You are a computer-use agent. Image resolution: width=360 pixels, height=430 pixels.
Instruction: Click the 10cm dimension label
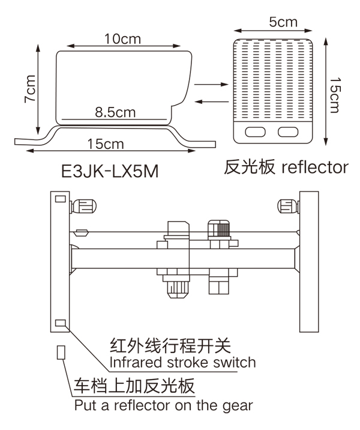pyautogui.click(x=122, y=39)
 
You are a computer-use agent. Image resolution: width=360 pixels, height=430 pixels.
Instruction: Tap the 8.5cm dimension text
pyautogui.click(x=115, y=112)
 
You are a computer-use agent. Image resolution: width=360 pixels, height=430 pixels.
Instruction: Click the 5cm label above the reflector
pyautogui.click(x=283, y=23)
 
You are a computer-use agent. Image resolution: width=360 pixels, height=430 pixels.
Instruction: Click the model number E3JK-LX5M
pyautogui.click(x=110, y=172)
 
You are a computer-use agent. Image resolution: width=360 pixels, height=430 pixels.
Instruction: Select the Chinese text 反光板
pyautogui.click(x=246, y=166)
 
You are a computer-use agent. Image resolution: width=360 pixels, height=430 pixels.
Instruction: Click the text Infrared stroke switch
pyautogui.click(x=182, y=363)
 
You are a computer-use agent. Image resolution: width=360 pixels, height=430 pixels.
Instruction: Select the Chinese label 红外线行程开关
pyautogui.click(x=170, y=346)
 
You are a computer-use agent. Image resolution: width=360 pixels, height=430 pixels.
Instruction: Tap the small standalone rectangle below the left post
pyautogui.click(x=60, y=352)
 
